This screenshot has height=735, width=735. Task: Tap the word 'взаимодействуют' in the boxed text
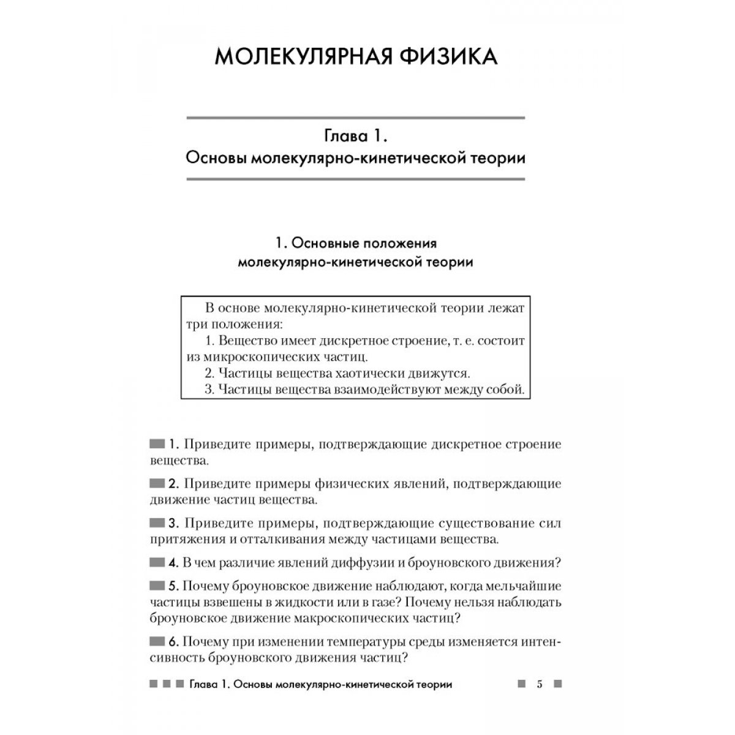pos(393,389)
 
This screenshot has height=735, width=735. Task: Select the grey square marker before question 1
pos(157,443)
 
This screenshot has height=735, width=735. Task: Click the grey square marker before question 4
pos(157,562)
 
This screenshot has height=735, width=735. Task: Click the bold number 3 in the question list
pos(173,524)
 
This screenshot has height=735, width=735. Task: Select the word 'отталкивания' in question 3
pos(284,540)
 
